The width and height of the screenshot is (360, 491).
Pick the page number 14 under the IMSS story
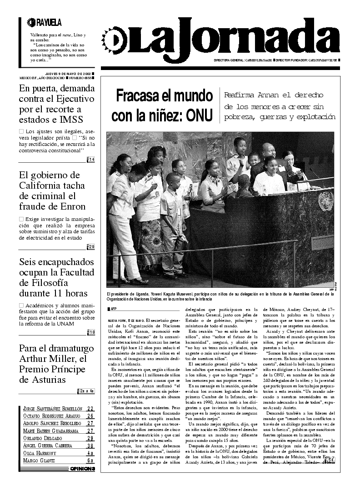click(x=91, y=159)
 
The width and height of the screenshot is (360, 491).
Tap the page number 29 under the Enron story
click(x=91, y=247)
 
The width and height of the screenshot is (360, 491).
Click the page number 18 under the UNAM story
click(x=91, y=332)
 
